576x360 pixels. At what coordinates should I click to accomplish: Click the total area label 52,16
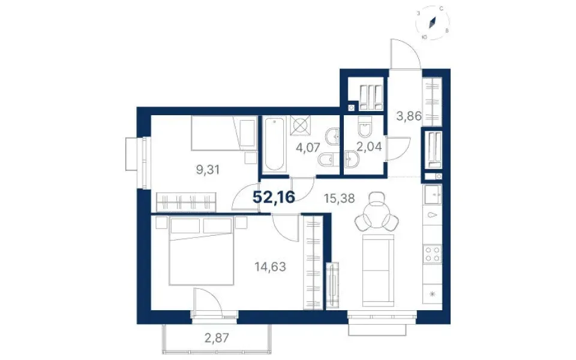click(274, 197)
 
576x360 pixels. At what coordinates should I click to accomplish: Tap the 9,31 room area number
click(208, 170)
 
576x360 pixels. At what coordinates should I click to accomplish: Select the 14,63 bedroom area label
click(271, 266)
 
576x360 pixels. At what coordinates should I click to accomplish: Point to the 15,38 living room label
click(339, 199)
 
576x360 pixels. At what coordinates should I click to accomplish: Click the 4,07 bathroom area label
click(308, 148)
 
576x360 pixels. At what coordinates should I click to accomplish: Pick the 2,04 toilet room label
click(369, 146)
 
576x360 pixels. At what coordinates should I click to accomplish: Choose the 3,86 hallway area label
click(409, 116)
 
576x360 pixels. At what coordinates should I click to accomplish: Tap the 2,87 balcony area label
click(217, 338)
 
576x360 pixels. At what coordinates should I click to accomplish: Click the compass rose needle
click(433, 22)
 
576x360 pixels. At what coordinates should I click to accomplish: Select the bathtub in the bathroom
click(275, 144)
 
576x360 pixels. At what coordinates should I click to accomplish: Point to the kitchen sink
click(432, 194)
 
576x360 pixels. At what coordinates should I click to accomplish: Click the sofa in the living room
click(378, 271)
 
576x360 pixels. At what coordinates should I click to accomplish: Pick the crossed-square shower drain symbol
click(300, 124)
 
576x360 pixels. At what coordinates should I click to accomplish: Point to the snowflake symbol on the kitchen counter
click(433, 293)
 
